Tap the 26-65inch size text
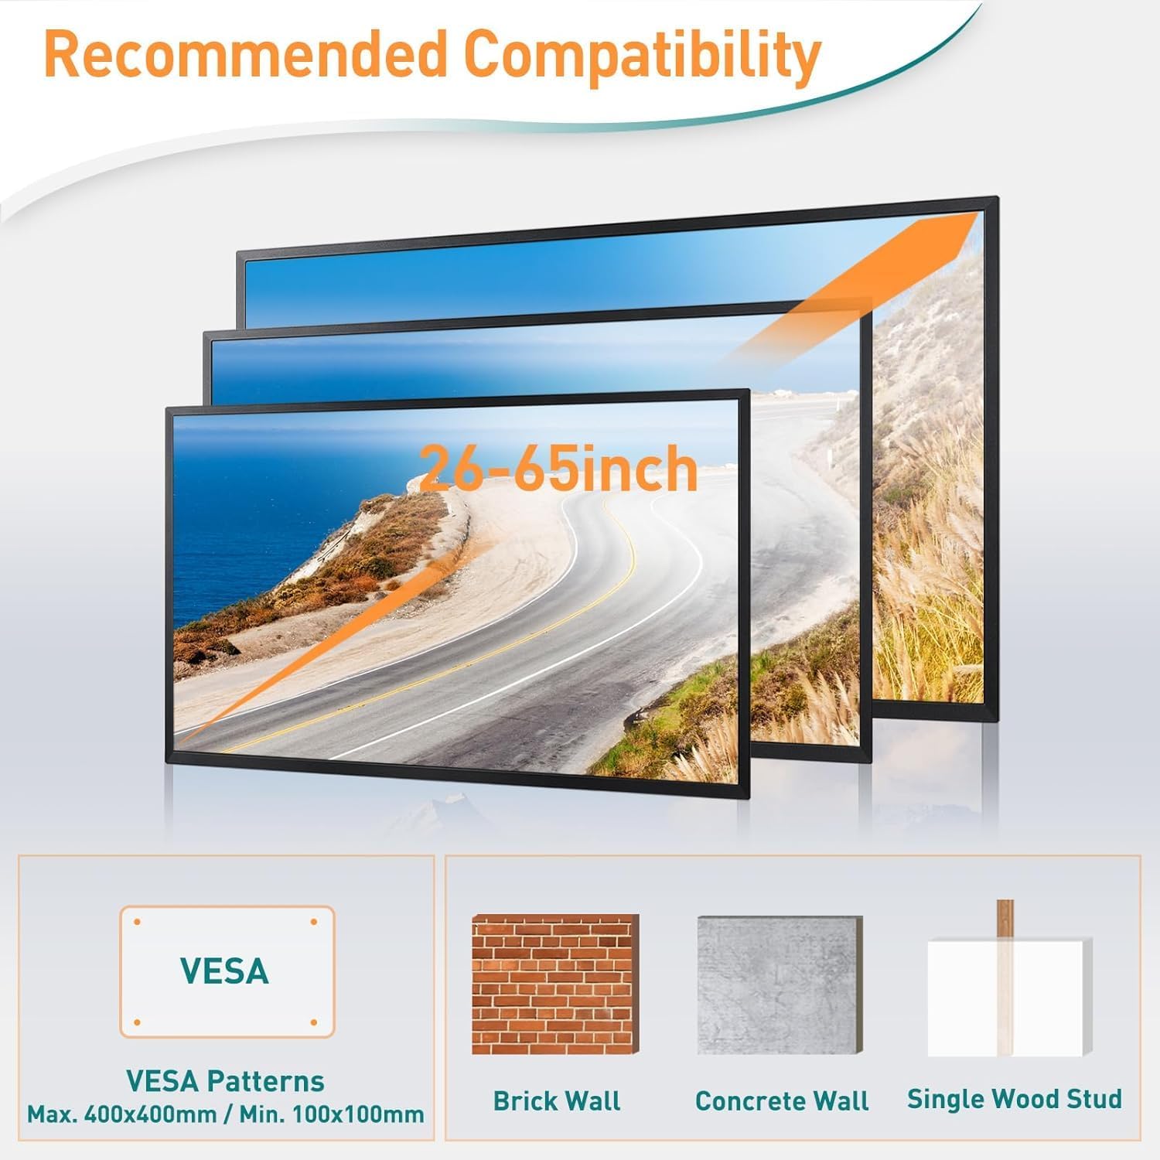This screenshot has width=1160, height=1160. click(558, 469)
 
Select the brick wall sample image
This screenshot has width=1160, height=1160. click(555, 984)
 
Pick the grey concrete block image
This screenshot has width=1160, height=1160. click(780, 984)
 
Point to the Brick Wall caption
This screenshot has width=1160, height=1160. click(557, 1100)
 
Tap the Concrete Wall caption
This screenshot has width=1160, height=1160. click(782, 1100)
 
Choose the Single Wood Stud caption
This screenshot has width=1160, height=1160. click(1014, 1099)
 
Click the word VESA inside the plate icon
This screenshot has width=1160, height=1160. click(224, 971)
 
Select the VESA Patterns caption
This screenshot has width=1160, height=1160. click(225, 1080)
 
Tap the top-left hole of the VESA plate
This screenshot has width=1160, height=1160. click(138, 923)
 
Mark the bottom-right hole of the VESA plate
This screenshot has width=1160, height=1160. click(314, 1022)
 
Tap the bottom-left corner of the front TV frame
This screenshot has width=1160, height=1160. click(168, 761)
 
